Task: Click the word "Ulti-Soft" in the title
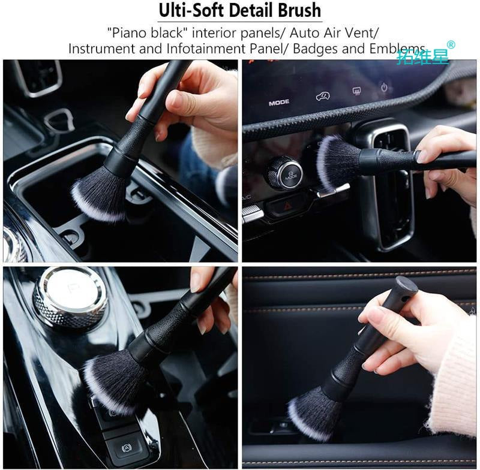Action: [190, 10]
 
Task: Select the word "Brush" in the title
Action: [298, 10]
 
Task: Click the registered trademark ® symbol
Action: [451, 45]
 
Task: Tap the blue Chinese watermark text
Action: [422, 56]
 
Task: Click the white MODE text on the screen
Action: [278, 103]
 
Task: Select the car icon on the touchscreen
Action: [322, 95]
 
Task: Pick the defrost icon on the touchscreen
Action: [356, 91]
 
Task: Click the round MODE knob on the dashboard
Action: [284, 172]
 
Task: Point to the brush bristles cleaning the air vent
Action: [335, 162]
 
